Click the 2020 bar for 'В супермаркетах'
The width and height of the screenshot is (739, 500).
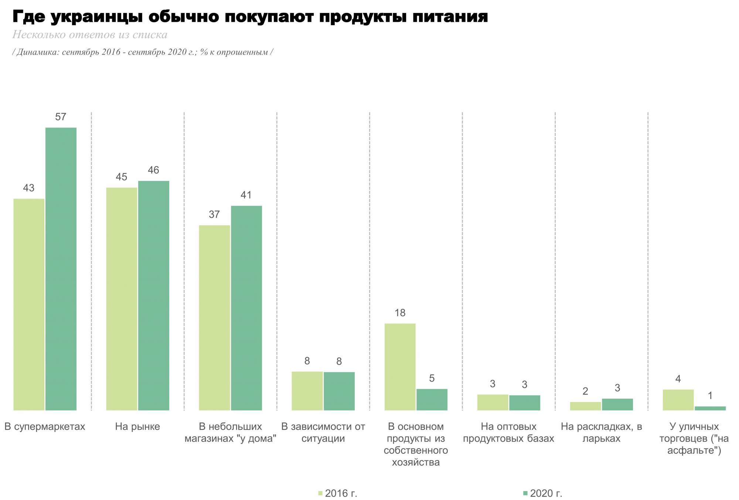coord(61,269)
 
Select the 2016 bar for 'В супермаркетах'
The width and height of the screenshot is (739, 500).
coord(29,304)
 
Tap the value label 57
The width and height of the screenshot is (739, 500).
coord(61,117)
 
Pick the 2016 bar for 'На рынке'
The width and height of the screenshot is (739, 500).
coord(122,299)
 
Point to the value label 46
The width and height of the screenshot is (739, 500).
coord(153,170)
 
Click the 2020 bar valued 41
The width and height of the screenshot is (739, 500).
coord(246,308)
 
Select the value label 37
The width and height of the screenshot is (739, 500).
coord(214,214)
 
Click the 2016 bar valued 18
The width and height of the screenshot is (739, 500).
coord(400,367)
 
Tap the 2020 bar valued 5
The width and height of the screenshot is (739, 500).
coord(432,399)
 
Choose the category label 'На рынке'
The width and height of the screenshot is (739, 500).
coord(137,427)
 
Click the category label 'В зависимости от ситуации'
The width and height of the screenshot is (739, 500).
coord(323,433)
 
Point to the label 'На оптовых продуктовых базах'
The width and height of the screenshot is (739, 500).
coord(508,433)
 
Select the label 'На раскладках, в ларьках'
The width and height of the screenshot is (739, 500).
coord(601,433)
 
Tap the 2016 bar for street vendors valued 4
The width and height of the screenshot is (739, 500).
coord(678,400)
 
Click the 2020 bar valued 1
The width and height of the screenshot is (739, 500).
coord(710,408)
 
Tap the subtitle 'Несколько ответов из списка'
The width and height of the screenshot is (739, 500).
coord(90,35)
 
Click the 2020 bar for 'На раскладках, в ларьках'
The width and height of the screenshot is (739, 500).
coord(617,404)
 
